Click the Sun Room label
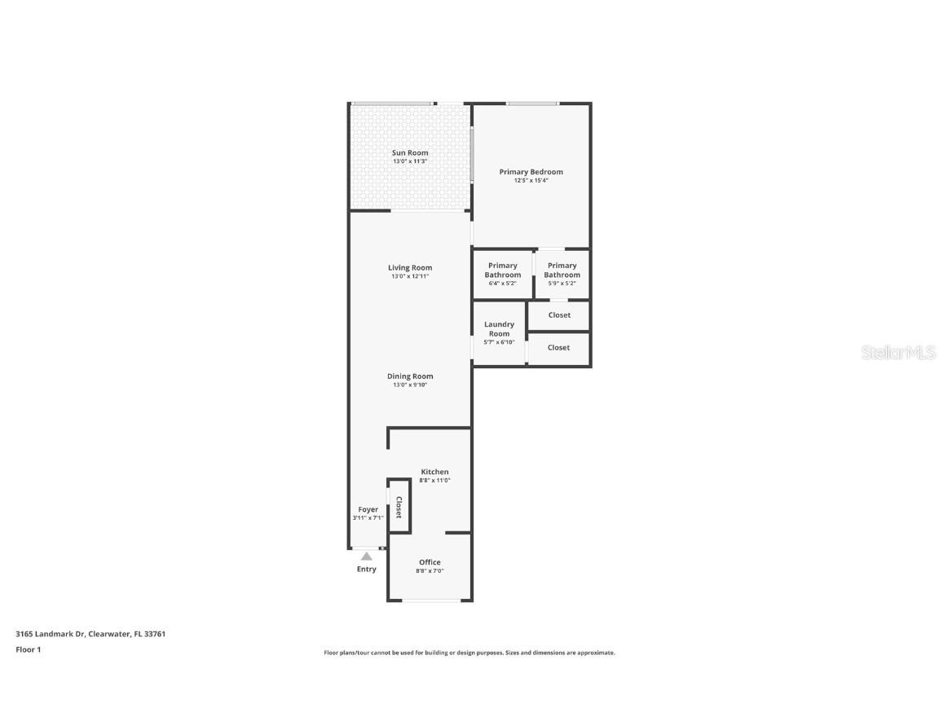click(x=410, y=152)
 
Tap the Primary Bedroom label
click(x=531, y=172)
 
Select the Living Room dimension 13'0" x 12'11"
click(x=410, y=277)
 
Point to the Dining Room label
click(x=410, y=376)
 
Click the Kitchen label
click(x=434, y=472)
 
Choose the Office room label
click(x=430, y=562)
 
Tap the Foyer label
click(x=368, y=509)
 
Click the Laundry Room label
click(x=499, y=329)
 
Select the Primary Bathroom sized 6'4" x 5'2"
click(x=503, y=271)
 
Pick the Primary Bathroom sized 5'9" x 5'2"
click(x=562, y=271)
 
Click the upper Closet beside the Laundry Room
click(x=559, y=315)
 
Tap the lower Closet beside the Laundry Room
click(x=559, y=348)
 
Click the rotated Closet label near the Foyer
click(x=399, y=508)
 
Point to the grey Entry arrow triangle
click(x=367, y=557)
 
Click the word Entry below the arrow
click(x=367, y=569)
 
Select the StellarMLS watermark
click(x=900, y=353)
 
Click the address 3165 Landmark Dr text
click(x=90, y=634)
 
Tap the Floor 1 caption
click(x=28, y=649)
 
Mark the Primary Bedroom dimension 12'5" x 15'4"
click(x=531, y=181)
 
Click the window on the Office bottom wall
click(x=430, y=601)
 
